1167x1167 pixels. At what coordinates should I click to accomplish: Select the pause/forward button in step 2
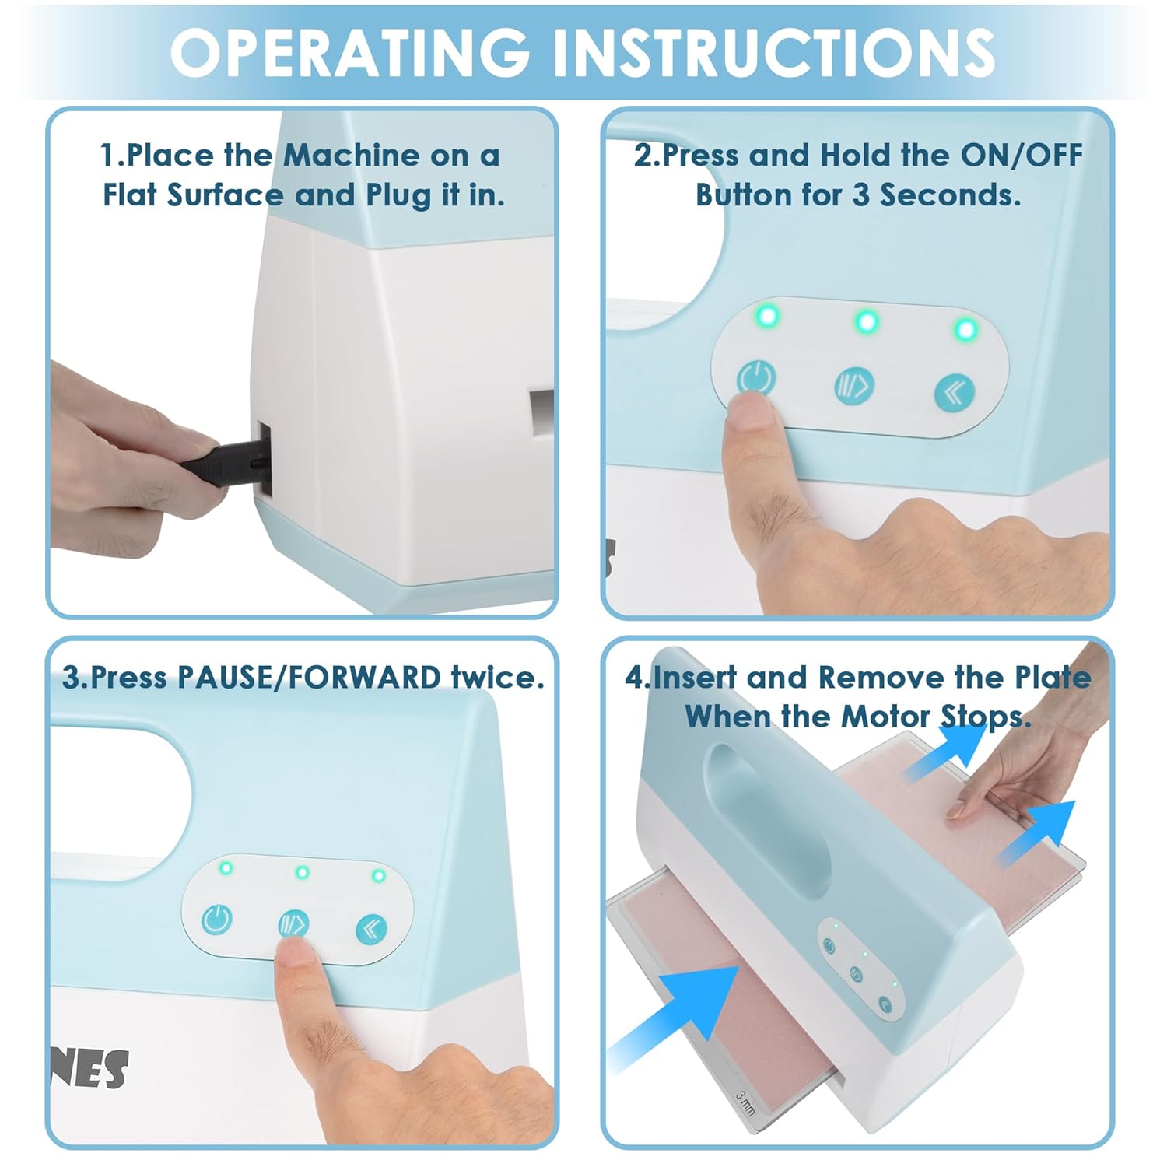point(854,385)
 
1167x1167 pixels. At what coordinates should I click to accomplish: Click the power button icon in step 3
point(216,920)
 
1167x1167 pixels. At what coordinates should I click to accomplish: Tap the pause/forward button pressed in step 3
point(293,923)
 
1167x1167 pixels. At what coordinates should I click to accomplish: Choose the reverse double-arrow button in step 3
point(371,928)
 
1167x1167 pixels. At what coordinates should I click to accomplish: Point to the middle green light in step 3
point(303,872)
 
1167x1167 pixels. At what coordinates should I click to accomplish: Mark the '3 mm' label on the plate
point(745,1106)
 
